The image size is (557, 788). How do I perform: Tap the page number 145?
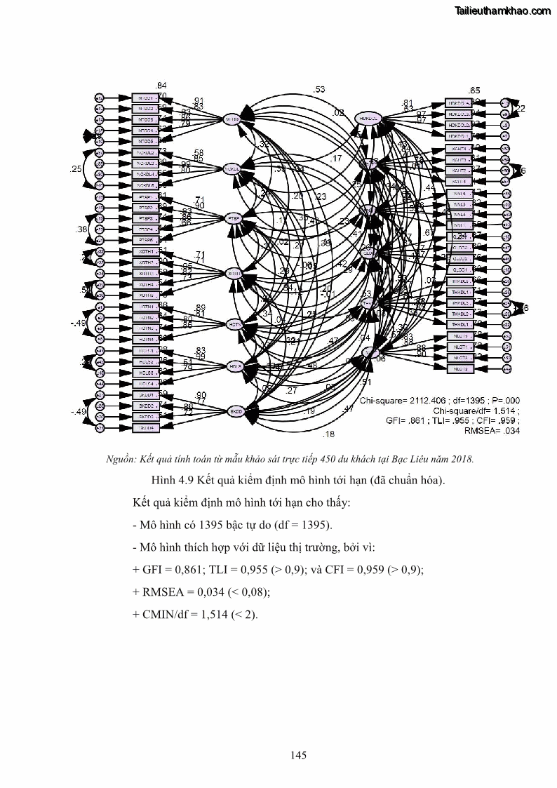[x=297, y=755]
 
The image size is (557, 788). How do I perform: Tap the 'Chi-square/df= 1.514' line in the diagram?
[x=476, y=410]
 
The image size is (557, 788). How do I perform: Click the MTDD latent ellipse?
[x=232, y=119]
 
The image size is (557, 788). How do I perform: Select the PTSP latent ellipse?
[x=232, y=218]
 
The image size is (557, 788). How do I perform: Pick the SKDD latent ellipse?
[x=233, y=411]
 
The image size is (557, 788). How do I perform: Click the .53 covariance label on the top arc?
[x=320, y=90]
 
